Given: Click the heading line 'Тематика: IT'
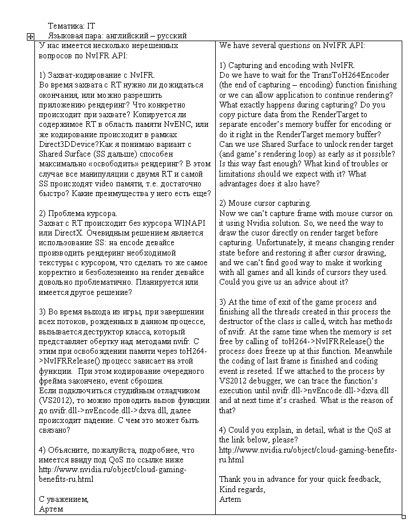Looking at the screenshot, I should tap(71, 26).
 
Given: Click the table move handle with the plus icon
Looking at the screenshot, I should tap(30, 36).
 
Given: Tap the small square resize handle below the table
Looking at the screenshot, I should tap(403, 517).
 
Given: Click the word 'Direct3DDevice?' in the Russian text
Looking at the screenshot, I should tap(69, 145).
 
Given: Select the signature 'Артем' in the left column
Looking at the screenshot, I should tap(51, 509).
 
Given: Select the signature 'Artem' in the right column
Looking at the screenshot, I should tap(230, 499).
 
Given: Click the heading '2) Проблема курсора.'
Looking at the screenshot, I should tap(74, 213).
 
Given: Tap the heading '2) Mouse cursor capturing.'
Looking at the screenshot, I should tap(266, 203).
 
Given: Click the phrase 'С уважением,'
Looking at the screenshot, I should tap(64, 499).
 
